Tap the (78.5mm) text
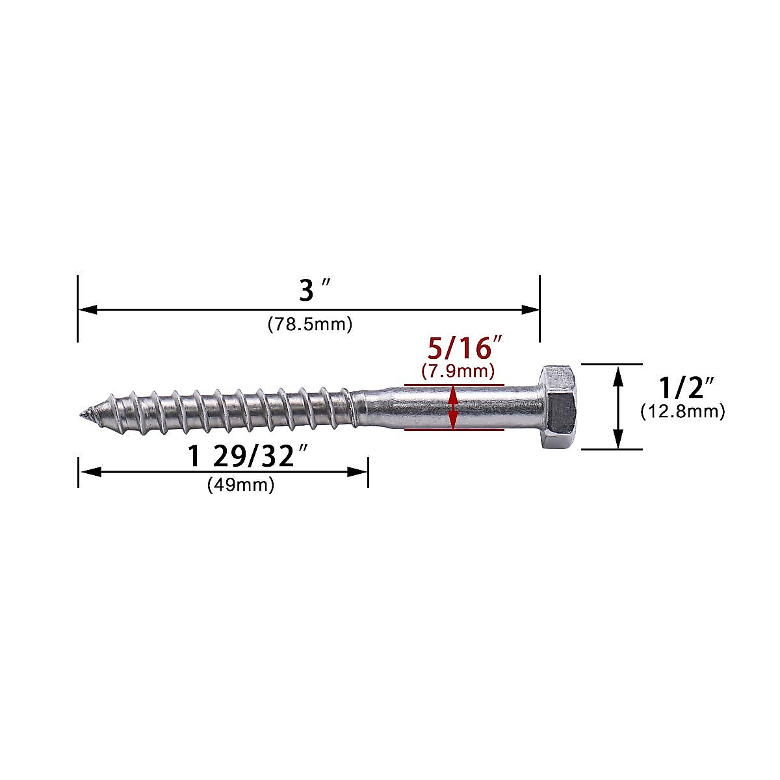tap(309, 324)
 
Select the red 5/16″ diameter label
tap(458, 349)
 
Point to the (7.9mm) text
tap(458, 371)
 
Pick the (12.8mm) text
tap(682, 411)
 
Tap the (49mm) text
tap(240, 485)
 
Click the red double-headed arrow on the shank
tap(454, 407)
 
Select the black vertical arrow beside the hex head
tap(619, 407)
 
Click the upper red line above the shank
tap(454, 385)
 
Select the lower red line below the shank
tap(454, 430)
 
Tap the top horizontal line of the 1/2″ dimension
tap(611, 365)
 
